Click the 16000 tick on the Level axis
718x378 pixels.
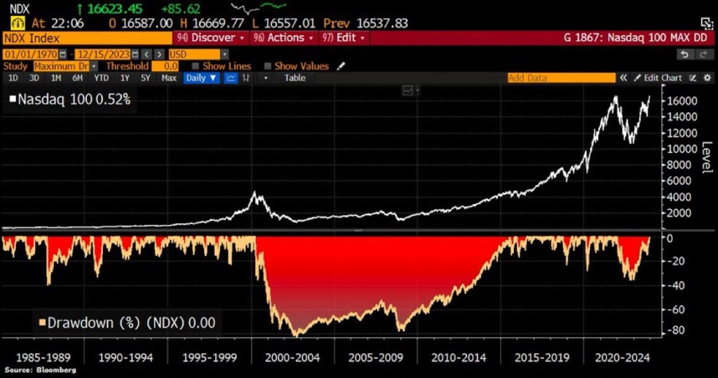coord(683,100)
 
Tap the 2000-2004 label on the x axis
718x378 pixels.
coord(292,357)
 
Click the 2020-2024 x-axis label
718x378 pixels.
coord(623,357)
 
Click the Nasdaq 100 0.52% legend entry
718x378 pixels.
coord(70,100)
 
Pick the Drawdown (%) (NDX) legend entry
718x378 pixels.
coord(126,323)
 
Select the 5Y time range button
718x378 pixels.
coord(145,78)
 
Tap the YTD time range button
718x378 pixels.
coord(102,78)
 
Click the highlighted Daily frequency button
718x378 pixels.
coord(195,78)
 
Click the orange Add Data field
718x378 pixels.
coord(561,78)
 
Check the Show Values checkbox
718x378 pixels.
coord(268,66)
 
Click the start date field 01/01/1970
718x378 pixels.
coord(32,54)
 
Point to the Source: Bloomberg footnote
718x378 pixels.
coord(40,370)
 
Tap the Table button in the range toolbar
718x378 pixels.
coord(294,78)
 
